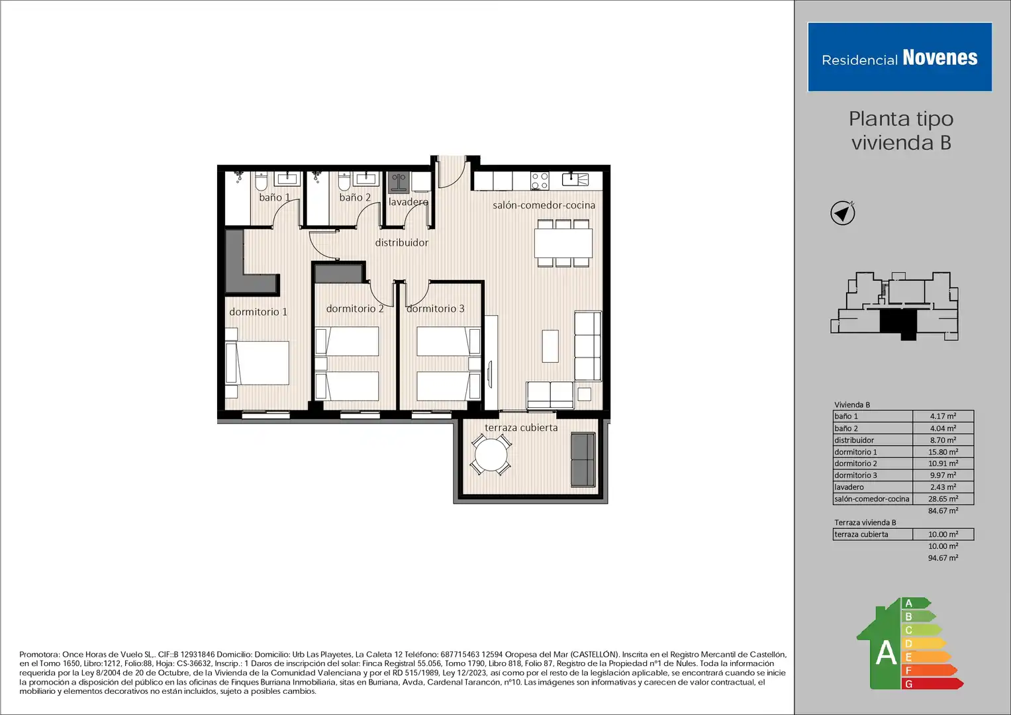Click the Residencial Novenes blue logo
coord(900,57)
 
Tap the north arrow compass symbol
coord(843,213)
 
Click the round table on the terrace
coord(491,455)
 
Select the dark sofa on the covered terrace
coord(583,459)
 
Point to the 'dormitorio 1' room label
coord(258,311)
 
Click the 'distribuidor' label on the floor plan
coord(402,242)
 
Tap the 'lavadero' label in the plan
coord(409,202)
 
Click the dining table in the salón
coord(563,243)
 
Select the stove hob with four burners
coord(540,181)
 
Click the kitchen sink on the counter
coord(575,179)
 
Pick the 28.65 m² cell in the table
coord(943,499)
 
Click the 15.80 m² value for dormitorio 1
coord(943,452)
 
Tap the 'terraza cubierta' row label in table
coord(861,534)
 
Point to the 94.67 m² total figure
coord(943,558)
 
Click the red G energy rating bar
coord(932,684)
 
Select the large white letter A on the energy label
coord(885,653)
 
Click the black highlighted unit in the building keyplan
coord(899,323)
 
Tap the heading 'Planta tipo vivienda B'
coord(901,130)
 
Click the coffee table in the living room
coord(550,346)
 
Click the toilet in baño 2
coord(344,181)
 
